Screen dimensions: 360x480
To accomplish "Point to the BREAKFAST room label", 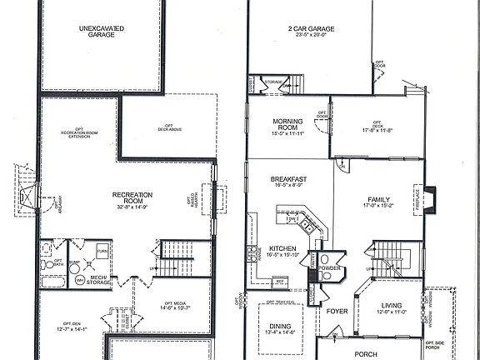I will pos(289,179).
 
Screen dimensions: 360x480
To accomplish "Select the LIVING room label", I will pos(392,305).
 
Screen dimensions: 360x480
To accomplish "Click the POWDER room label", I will pos(329,268).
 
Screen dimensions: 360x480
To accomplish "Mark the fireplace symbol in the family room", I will pos(429,200).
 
